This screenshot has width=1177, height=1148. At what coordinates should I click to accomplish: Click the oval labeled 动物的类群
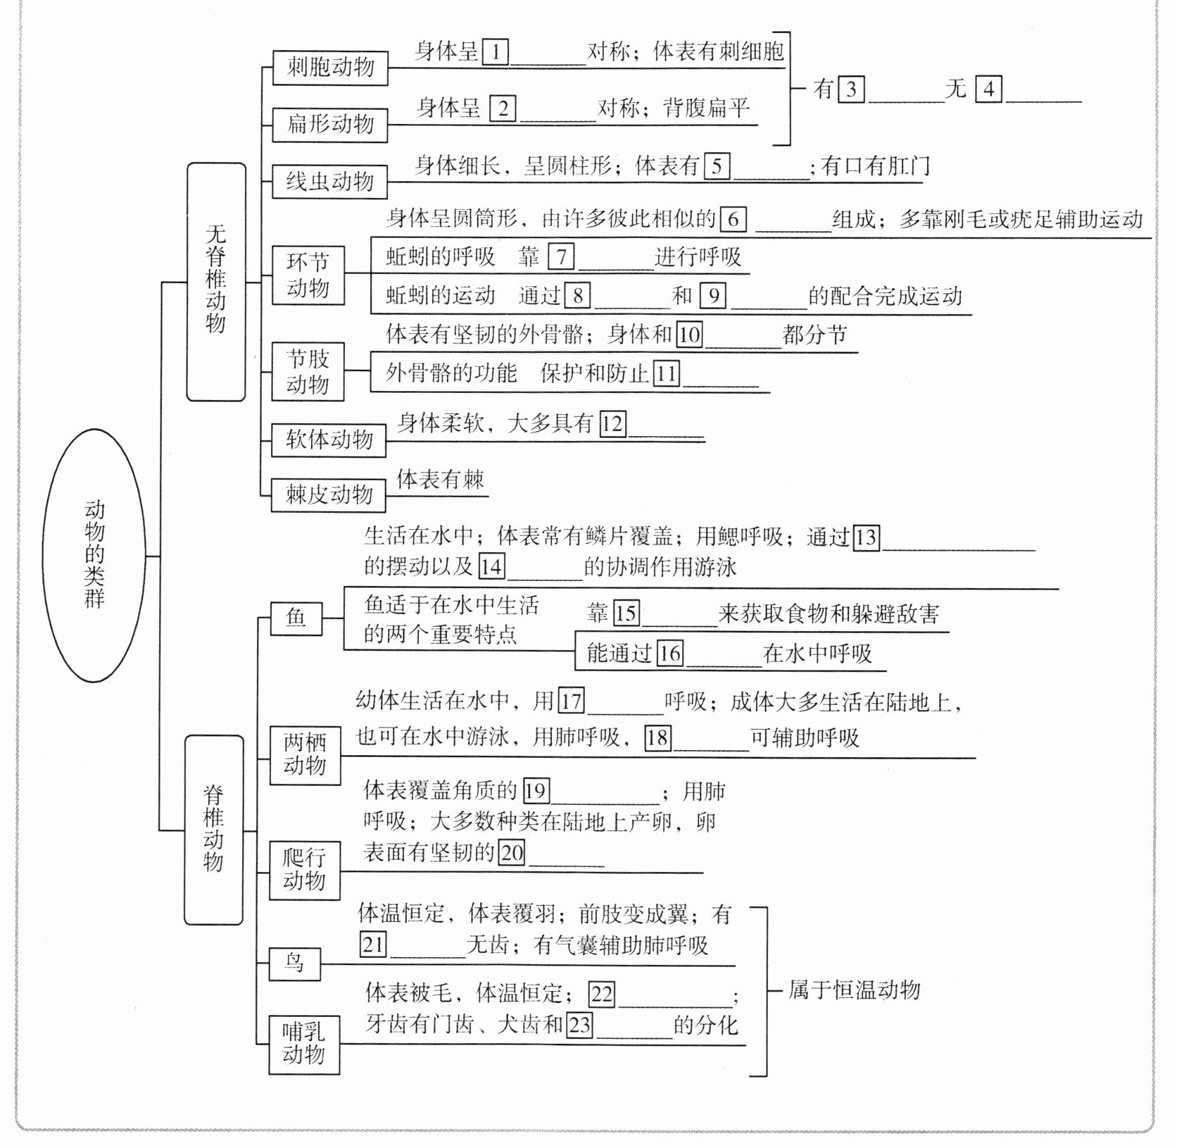pyautogui.click(x=94, y=556)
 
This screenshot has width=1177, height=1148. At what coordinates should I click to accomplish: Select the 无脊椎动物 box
pyautogui.click(x=216, y=282)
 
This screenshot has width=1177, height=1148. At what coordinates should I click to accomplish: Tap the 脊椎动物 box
pyautogui.click(x=213, y=830)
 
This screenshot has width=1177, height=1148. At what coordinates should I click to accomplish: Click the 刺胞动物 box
pyautogui.click(x=330, y=68)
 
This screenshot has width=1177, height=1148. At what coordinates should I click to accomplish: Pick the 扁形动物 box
pyautogui.click(x=330, y=125)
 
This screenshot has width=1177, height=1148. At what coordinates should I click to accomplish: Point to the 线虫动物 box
pyautogui.click(x=329, y=182)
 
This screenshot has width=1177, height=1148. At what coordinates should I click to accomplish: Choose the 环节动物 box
pyautogui.click(x=308, y=275)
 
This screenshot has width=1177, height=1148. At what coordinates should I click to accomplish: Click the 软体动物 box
pyautogui.click(x=329, y=440)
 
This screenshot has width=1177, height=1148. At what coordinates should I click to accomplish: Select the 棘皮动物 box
pyautogui.click(x=329, y=494)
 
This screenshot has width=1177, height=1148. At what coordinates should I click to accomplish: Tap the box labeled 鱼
pyautogui.click(x=296, y=618)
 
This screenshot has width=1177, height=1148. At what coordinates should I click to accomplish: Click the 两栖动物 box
pyautogui.click(x=305, y=755)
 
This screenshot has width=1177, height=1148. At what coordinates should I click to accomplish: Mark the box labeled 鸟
pyautogui.click(x=294, y=963)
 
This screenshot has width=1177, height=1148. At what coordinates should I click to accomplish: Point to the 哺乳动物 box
pyautogui.click(x=304, y=1044)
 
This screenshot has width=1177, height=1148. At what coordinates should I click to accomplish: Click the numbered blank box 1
pyautogui.click(x=496, y=52)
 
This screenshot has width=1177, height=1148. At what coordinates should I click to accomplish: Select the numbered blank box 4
pyautogui.click(x=988, y=89)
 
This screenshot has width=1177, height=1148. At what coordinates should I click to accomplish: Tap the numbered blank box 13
pyautogui.click(x=866, y=537)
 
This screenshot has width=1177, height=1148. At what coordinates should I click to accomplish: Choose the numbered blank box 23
pyautogui.click(x=579, y=1024)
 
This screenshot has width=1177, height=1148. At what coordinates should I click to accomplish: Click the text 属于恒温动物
pyautogui.click(x=853, y=990)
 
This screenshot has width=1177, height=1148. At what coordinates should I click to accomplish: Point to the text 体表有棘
pyautogui.click(x=440, y=480)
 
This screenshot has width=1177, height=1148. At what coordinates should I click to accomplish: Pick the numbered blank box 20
pyautogui.click(x=512, y=853)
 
